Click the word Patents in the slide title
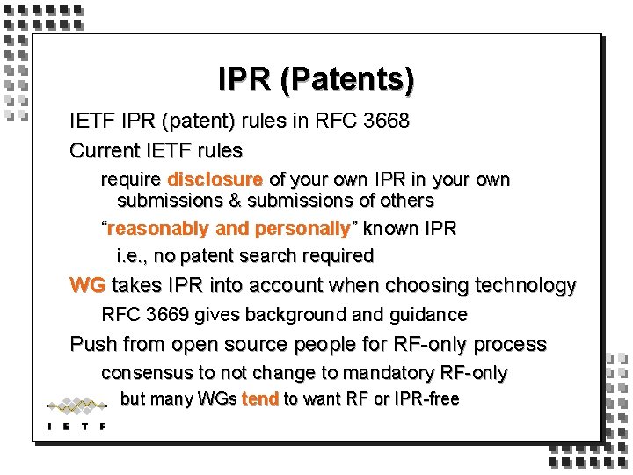(x=360, y=79)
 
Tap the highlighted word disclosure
(x=215, y=179)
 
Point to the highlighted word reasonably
(x=158, y=229)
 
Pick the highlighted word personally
(x=302, y=229)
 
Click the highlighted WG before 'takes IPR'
(x=88, y=286)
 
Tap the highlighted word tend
(x=259, y=398)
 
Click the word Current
(x=104, y=150)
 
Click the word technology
(x=525, y=286)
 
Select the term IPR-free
(x=426, y=398)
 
